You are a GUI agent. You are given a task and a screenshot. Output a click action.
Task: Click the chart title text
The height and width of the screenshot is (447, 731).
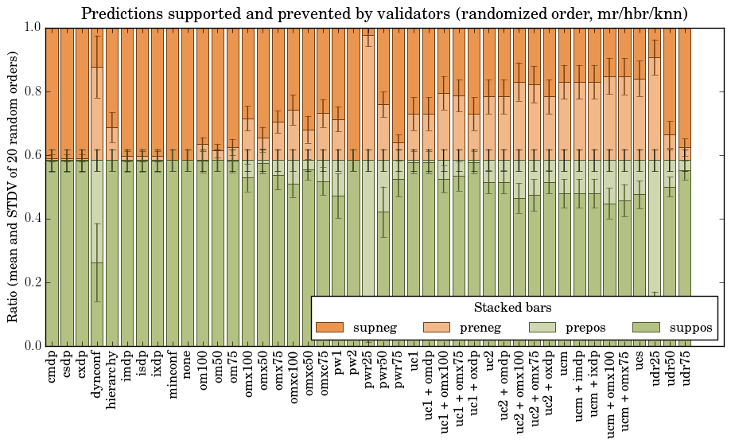pyautogui.click(x=384, y=14)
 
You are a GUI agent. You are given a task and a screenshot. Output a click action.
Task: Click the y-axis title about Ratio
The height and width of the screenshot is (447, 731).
pyautogui.click(x=14, y=186)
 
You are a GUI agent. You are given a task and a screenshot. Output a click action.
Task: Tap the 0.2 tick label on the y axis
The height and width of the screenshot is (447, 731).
pyautogui.click(x=32, y=282)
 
